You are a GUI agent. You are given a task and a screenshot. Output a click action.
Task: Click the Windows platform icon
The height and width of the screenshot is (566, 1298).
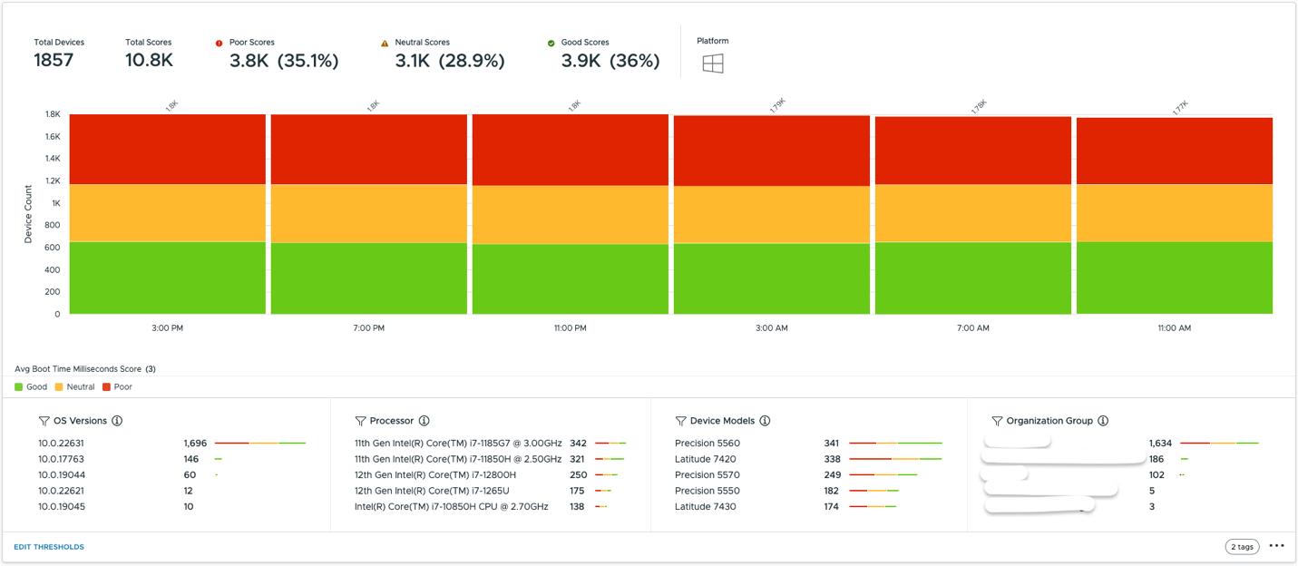pyautogui.click(x=713, y=63)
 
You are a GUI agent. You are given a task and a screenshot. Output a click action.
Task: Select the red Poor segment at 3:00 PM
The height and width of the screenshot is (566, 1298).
pyautogui.click(x=168, y=149)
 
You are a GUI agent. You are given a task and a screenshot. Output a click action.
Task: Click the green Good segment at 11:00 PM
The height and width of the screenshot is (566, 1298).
pyautogui.click(x=571, y=278)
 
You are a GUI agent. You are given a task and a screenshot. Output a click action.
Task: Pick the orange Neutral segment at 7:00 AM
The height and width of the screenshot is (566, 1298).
pyautogui.click(x=972, y=213)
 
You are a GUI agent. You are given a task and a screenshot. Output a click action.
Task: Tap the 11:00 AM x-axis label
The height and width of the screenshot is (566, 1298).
pyautogui.click(x=1174, y=328)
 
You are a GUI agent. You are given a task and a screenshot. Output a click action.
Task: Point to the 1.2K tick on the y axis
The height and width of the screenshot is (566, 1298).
pyautogui.click(x=52, y=181)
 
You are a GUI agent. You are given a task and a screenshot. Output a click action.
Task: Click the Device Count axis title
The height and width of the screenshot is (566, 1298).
pyautogui.click(x=28, y=214)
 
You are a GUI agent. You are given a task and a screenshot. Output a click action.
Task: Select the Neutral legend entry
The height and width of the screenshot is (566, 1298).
pyautogui.click(x=74, y=387)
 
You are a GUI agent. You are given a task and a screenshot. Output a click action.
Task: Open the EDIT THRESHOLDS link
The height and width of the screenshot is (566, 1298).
pyautogui.click(x=49, y=547)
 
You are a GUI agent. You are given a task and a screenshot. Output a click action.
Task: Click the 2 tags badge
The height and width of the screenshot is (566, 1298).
pyautogui.click(x=1242, y=546)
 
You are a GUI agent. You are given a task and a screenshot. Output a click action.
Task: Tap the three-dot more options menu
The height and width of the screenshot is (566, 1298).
pyautogui.click(x=1276, y=546)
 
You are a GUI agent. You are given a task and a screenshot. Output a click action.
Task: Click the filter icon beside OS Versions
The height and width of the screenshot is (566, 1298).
pyautogui.click(x=44, y=421)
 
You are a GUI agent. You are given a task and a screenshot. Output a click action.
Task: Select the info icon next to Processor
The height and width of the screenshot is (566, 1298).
pyautogui.click(x=424, y=421)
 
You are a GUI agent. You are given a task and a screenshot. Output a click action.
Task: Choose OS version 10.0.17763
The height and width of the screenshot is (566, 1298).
pyautogui.click(x=61, y=459)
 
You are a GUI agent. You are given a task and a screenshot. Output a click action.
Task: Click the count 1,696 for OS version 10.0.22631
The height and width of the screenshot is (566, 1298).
pyautogui.click(x=195, y=444)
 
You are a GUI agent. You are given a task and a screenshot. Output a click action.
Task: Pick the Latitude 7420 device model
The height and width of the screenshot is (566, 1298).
pyautogui.click(x=705, y=459)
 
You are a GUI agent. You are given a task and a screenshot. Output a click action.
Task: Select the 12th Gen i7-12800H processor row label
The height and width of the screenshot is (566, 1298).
pyautogui.click(x=434, y=475)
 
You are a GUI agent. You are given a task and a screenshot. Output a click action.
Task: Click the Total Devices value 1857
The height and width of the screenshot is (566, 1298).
pyautogui.click(x=54, y=61)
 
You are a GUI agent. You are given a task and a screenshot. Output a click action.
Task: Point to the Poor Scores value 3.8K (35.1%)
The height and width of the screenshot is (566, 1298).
pyautogui.click(x=284, y=61)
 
